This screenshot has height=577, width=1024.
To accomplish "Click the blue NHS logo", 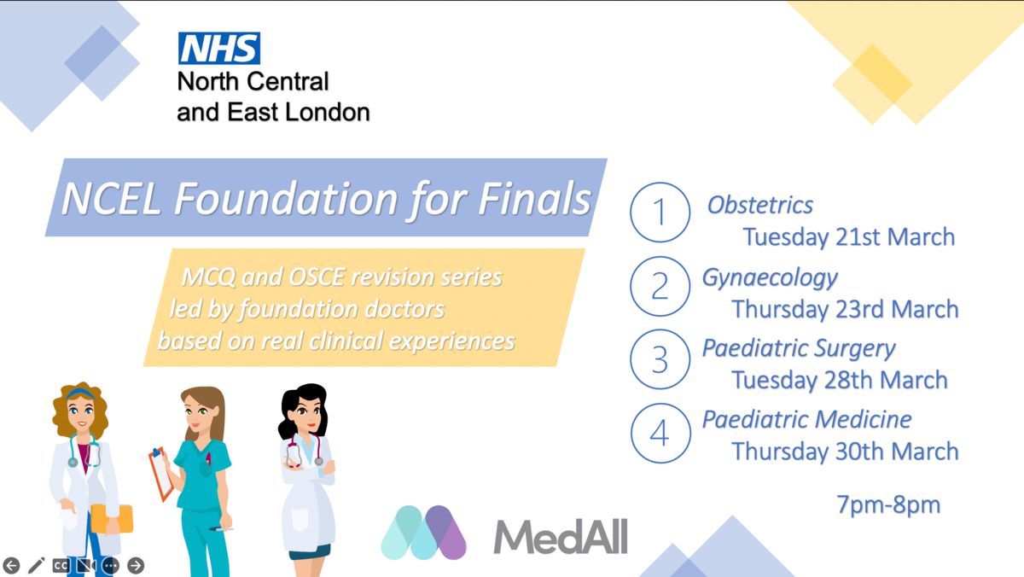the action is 219,48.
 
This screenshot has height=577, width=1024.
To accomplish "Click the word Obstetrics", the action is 759,205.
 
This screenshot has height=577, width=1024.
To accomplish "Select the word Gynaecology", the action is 770,278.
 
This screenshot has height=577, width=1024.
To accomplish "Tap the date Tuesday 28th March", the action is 840,381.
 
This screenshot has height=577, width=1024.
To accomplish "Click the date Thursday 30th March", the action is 845,452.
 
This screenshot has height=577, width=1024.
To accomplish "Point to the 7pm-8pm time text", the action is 888,505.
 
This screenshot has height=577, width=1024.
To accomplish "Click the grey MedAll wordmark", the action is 561,536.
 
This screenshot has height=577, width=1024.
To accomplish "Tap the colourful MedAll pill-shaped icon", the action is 424,533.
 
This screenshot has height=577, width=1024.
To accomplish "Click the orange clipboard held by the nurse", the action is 161,474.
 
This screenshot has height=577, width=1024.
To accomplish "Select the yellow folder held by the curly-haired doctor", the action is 112,519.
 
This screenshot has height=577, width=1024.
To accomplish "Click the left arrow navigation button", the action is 11,566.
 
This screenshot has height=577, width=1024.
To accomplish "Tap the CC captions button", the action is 61,566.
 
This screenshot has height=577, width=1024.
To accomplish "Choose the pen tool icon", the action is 36,566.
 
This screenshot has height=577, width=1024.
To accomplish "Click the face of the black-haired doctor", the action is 304,414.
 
